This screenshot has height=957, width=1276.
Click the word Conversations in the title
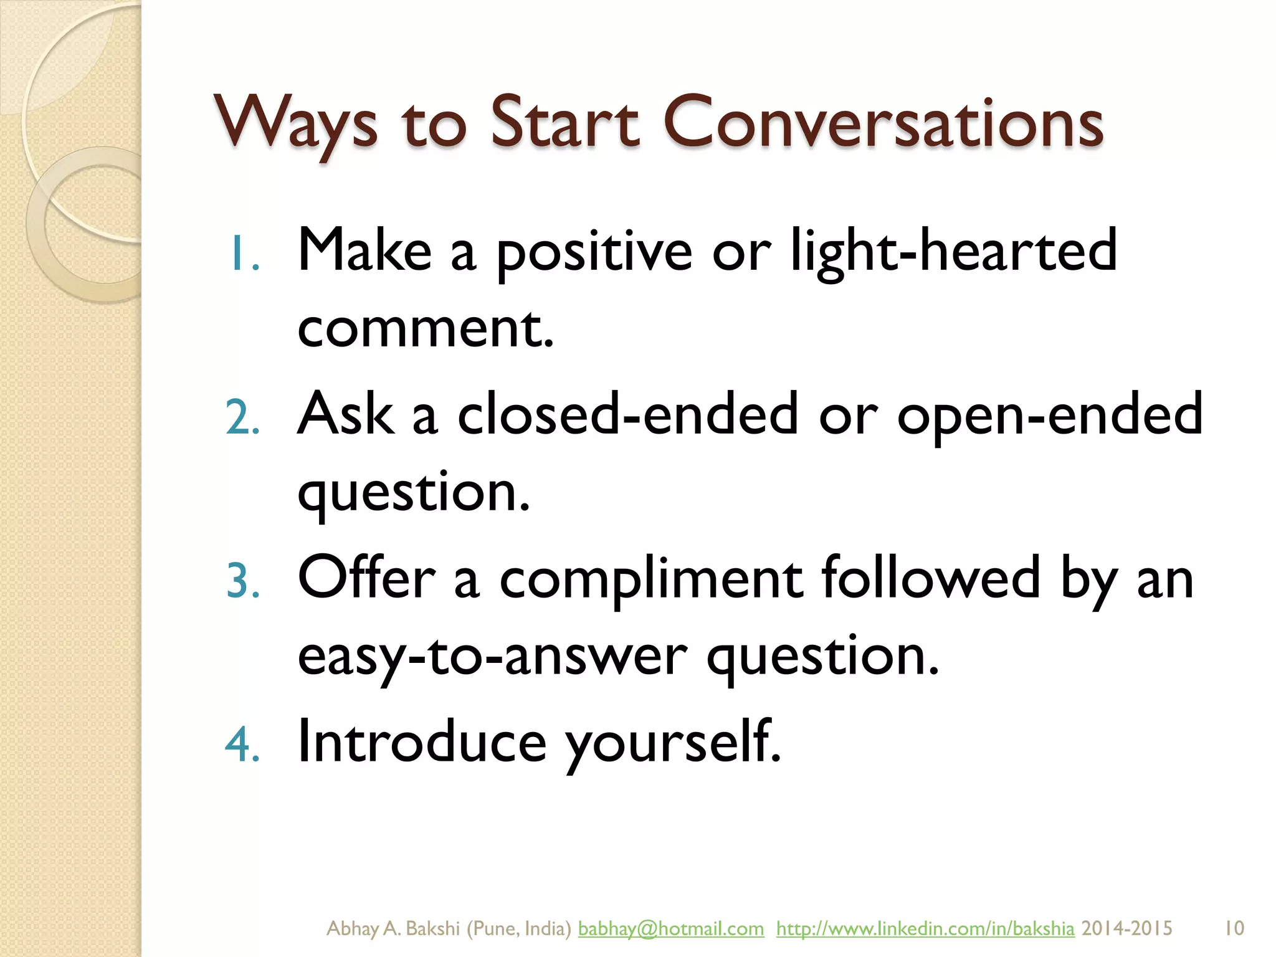tap(883, 122)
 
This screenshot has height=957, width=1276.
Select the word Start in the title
tap(564, 122)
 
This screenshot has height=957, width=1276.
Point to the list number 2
tap(242, 417)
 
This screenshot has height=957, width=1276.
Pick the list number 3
tap(243, 581)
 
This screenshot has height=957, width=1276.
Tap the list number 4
tap(242, 744)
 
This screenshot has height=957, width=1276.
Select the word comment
tap(426, 328)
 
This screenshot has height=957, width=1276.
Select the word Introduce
tap(422, 741)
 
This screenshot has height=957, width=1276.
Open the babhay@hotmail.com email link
tap(670, 928)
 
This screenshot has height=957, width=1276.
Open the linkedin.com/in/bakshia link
tap(925, 928)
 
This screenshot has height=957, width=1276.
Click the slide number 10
tap(1234, 928)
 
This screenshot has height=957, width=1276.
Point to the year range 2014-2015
tap(1126, 928)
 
